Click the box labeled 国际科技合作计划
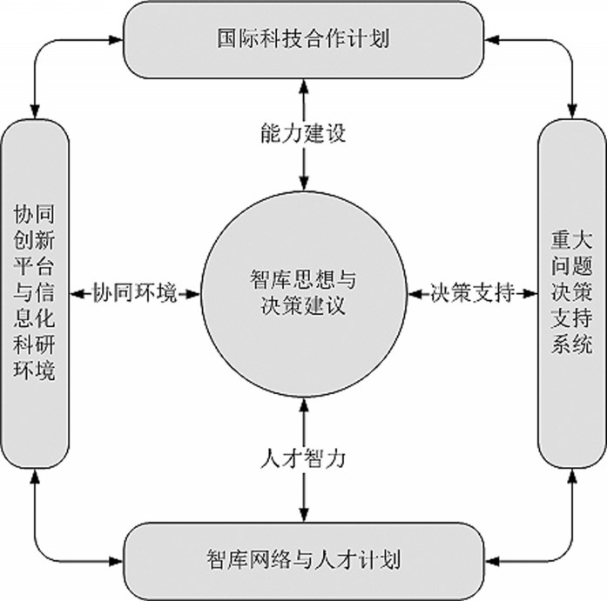303,40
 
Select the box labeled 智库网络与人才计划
303,561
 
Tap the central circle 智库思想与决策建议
304,294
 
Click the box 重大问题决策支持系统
572,294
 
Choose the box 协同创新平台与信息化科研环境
35,294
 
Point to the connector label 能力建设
303,133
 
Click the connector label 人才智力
303,458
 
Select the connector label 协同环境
135,293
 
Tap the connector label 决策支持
473,293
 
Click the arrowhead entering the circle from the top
304,184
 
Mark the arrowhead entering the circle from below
304,405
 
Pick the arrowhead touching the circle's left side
193,294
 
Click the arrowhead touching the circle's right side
415,294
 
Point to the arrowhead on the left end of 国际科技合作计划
116,39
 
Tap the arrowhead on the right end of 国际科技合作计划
492,39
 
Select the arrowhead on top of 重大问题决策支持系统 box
572,111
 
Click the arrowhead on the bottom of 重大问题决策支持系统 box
572,476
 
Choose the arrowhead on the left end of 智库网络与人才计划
116,561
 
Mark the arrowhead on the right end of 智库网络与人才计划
492,561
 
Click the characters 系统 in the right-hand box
572,344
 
